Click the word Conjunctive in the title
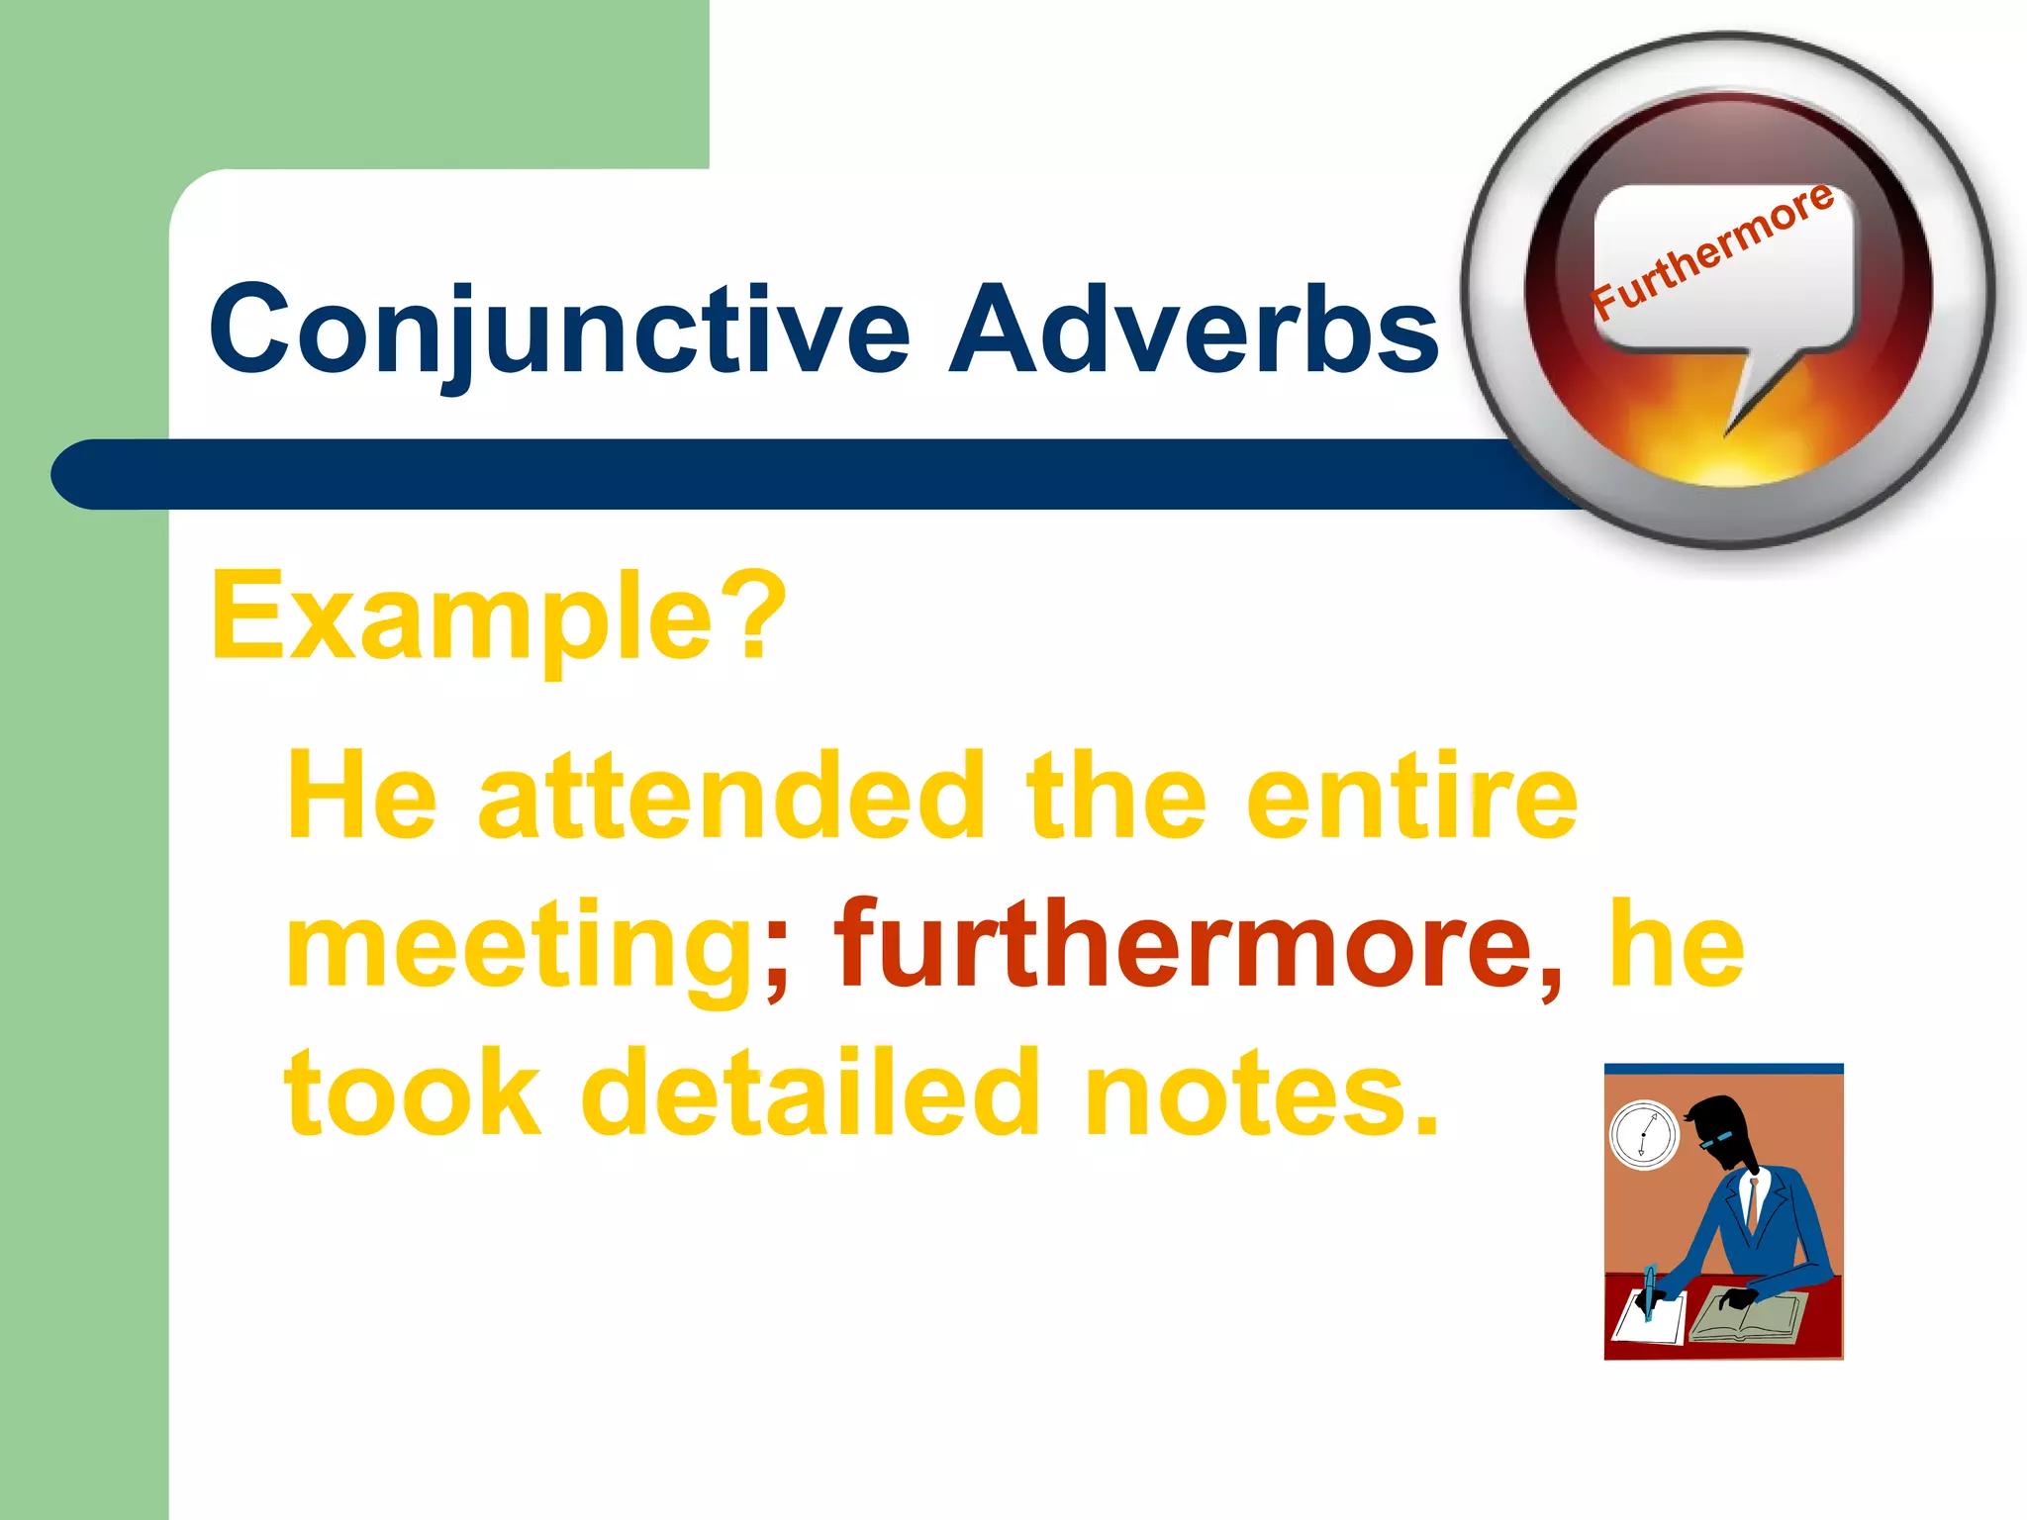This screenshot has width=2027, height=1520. (559, 329)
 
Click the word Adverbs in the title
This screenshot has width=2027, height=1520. (1193, 329)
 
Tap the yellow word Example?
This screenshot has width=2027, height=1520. (498, 616)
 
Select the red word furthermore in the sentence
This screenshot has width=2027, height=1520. (1183, 945)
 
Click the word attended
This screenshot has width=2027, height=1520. (731, 797)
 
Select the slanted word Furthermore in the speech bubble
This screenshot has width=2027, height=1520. (1713, 252)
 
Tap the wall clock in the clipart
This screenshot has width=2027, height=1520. (1644, 1134)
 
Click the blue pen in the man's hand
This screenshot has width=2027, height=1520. (1649, 1291)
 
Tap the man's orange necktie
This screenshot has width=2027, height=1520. (1753, 1202)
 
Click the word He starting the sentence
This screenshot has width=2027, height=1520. (361, 797)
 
